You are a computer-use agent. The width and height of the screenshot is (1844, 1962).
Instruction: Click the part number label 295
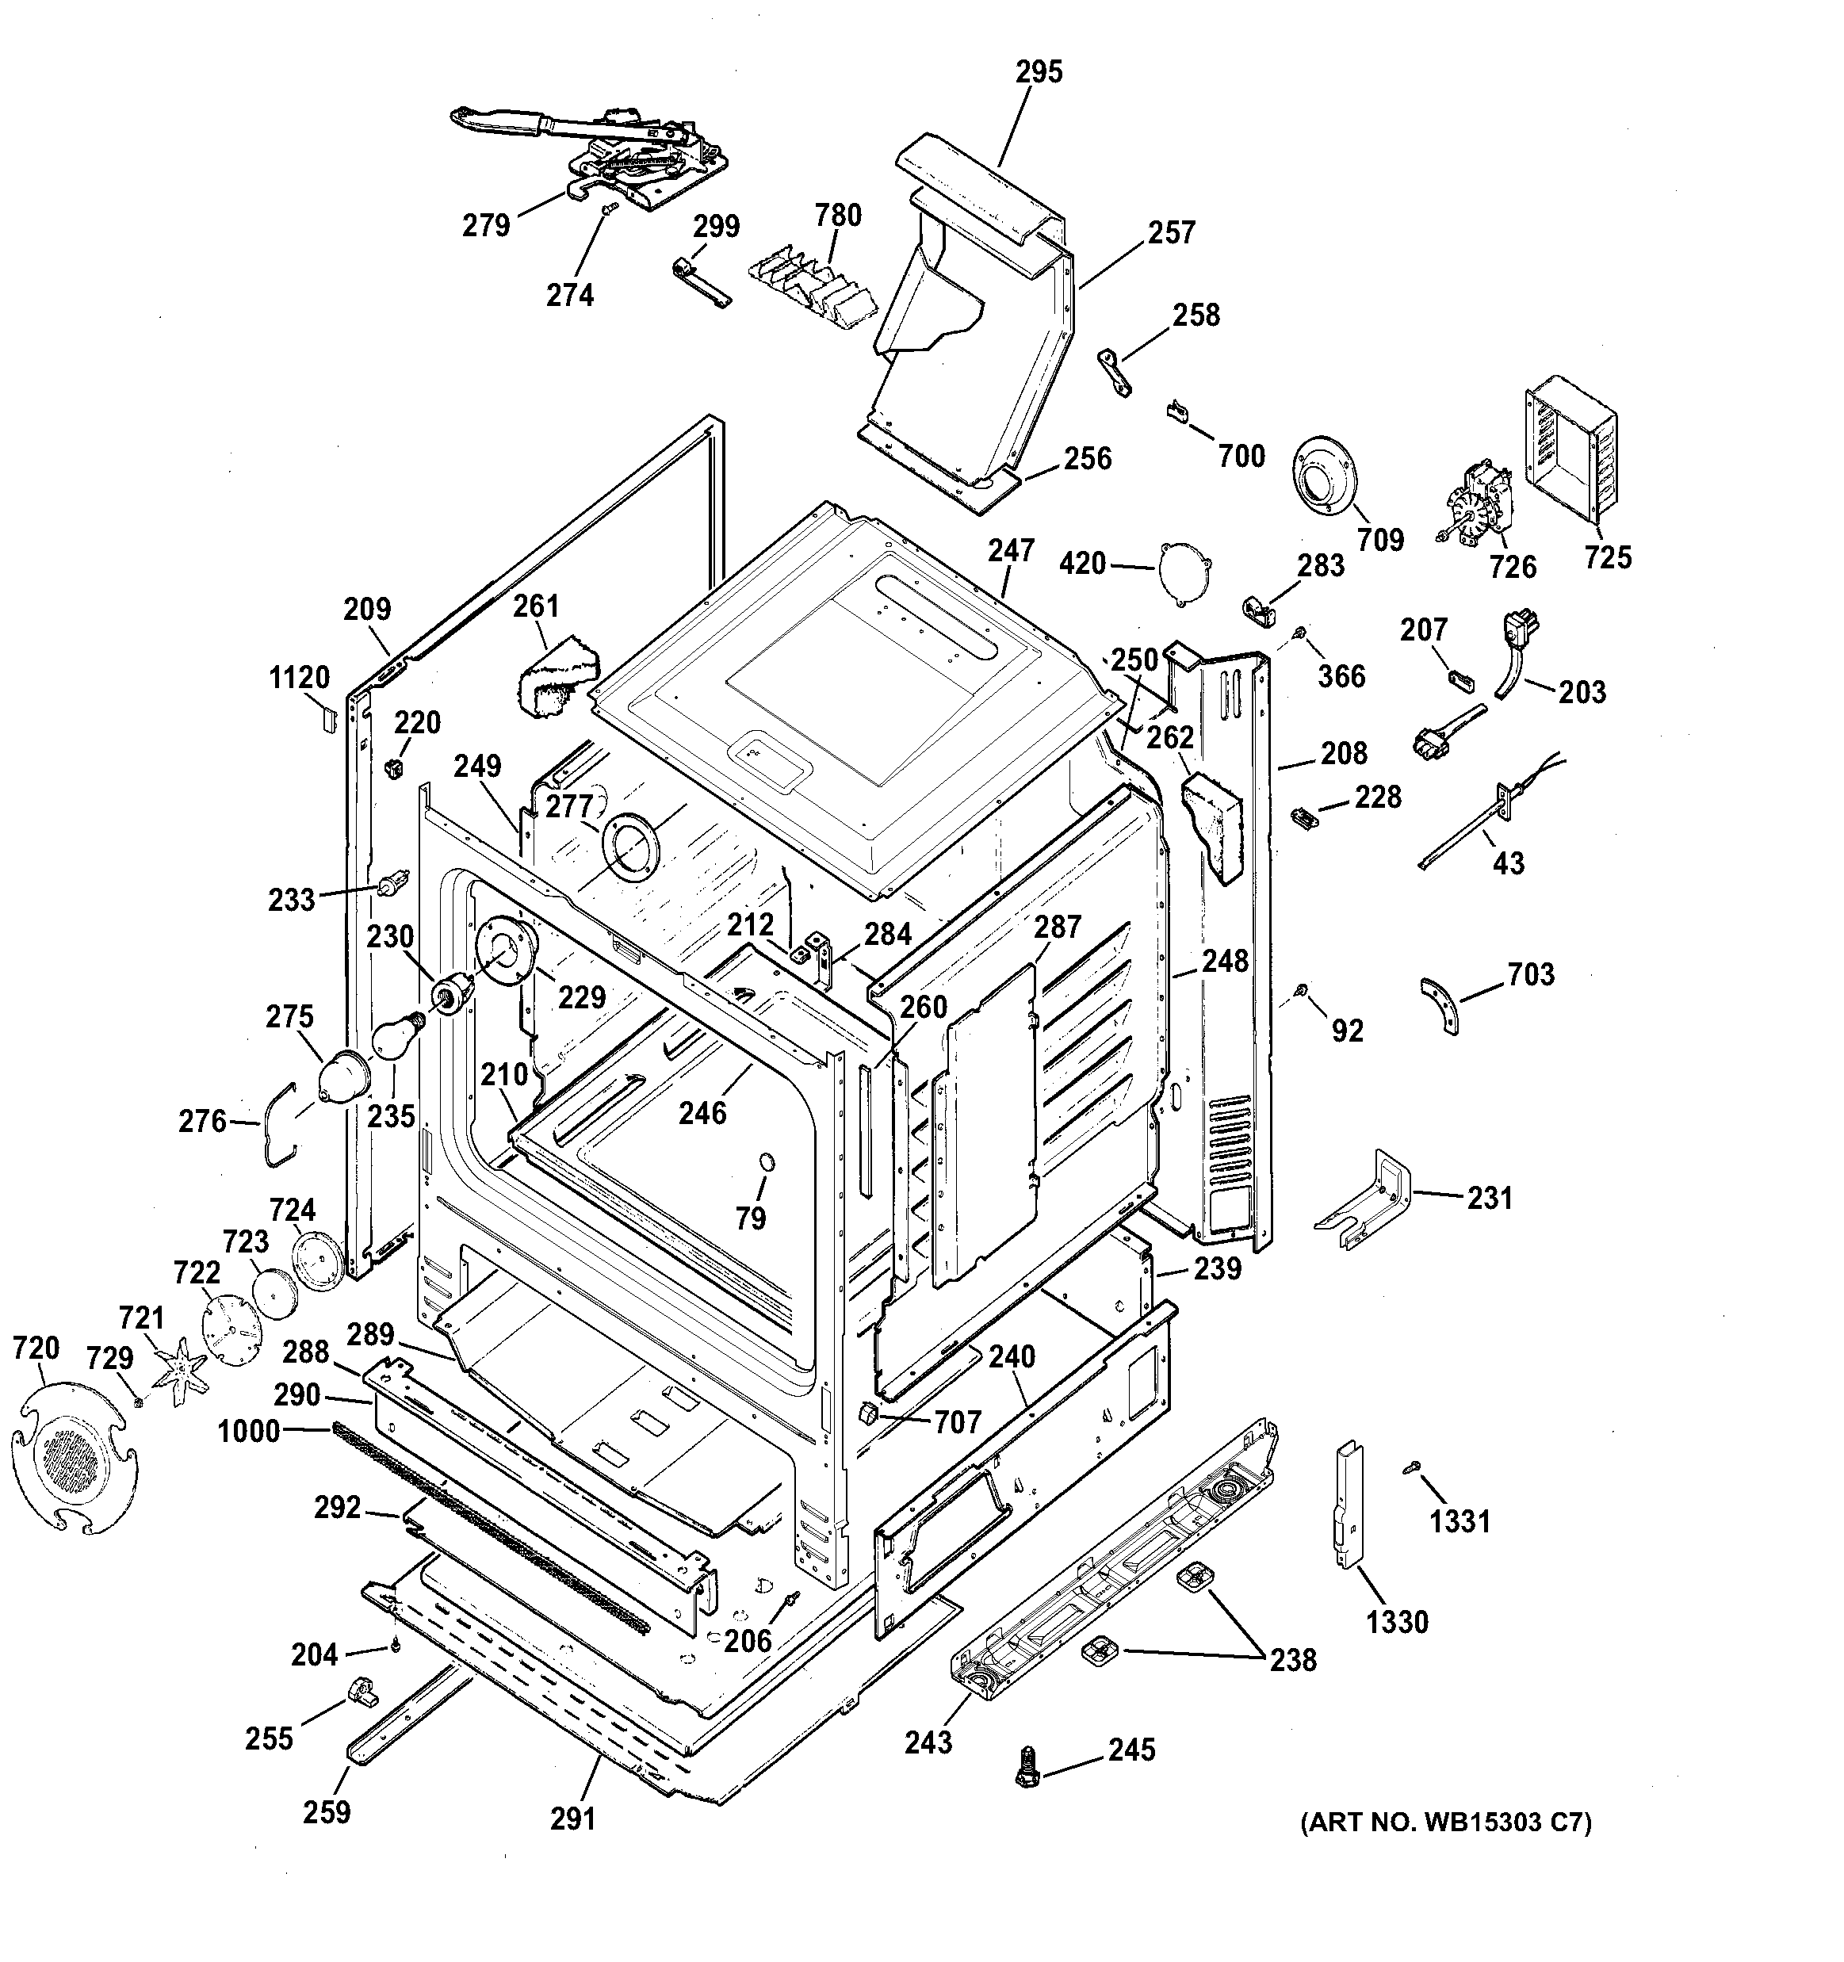click(x=1039, y=72)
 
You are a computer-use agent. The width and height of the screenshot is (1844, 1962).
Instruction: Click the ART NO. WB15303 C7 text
click(x=1445, y=1822)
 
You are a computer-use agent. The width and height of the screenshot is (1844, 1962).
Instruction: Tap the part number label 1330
click(x=1397, y=1621)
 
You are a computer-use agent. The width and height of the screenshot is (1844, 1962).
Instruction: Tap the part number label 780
click(x=838, y=215)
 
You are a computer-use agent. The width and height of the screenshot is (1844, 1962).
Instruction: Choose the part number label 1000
click(x=249, y=1430)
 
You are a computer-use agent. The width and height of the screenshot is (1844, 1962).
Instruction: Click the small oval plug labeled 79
click(x=765, y=1161)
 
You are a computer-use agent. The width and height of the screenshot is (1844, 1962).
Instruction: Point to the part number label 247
click(x=1012, y=551)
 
